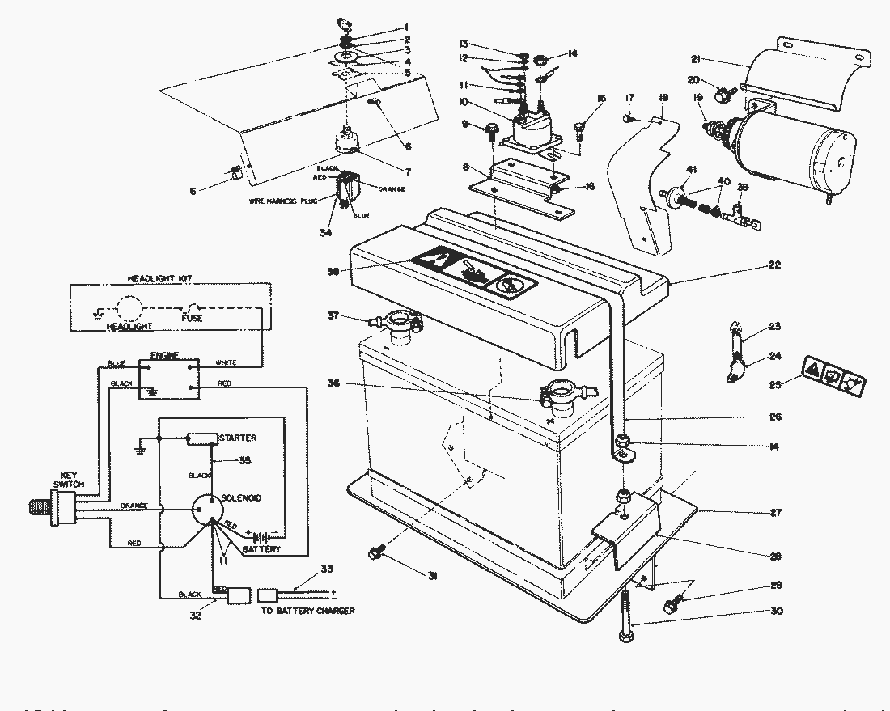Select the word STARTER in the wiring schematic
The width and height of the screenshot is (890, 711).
[237, 438]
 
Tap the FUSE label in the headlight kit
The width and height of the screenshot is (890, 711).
[192, 318]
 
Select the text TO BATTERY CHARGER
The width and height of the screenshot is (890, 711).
[307, 611]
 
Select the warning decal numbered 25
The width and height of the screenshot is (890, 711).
[834, 375]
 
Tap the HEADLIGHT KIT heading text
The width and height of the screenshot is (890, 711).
[166, 278]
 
